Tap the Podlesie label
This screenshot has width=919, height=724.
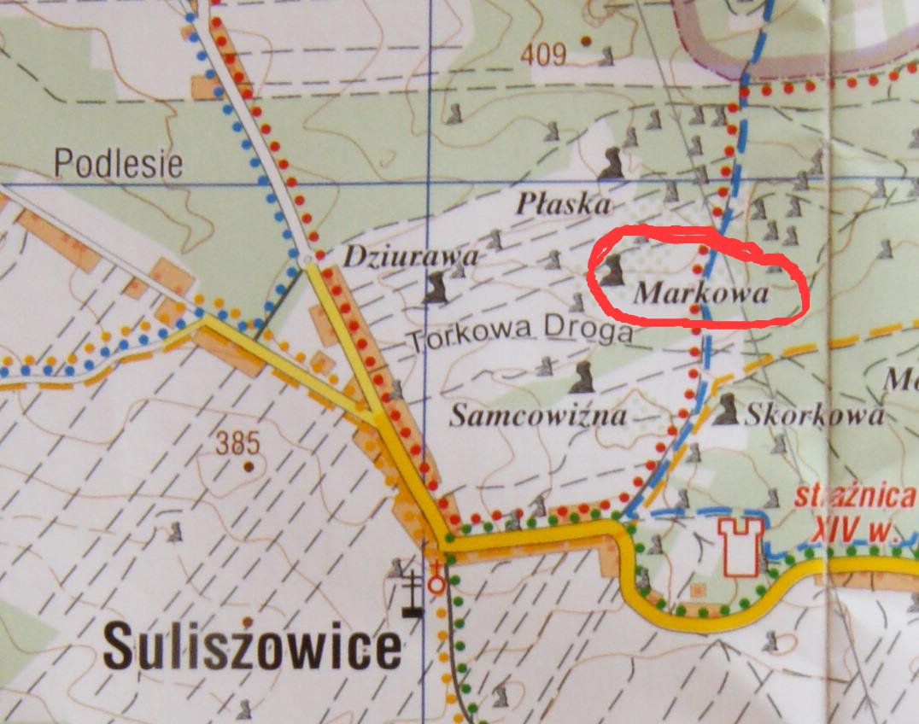(x=119, y=163)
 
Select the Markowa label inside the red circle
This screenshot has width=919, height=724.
(x=701, y=295)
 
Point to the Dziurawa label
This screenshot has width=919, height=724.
(x=412, y=256)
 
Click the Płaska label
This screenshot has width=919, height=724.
(x=564, y=205)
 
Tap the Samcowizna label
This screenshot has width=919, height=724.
(x=538, y=416)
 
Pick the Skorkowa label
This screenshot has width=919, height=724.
(x=813, y=416)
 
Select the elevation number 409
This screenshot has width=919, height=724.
(x=541, y=55)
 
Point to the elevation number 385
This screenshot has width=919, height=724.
(x=237, y=443)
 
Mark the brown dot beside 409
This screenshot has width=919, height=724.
(x=586, y=40)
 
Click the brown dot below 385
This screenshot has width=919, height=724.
(x=249, y=466)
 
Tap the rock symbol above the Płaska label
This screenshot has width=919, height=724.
(x=612, y=162)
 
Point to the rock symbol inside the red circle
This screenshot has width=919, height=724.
(x=612, y=269)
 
